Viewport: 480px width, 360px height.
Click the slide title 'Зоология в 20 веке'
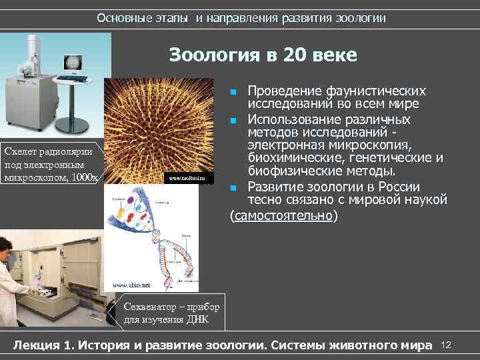pos(263,54)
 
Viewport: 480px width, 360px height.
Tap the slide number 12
pos(447,345)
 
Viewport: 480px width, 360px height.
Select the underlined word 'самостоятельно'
pos(283,217)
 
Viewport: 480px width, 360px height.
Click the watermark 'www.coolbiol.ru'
pos(189,178)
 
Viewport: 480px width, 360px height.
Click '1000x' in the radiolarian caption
pos(85,177)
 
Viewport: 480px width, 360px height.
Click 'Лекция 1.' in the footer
pos(44,345)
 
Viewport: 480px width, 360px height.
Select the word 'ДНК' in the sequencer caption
pos(198,319)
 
